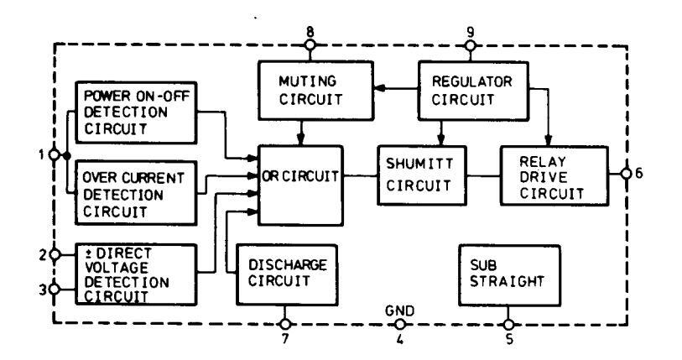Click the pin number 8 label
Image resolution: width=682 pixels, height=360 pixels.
point(310,32)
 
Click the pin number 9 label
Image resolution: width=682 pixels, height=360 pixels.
point(470,32)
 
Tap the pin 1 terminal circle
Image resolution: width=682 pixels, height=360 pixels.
point(55,155)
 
